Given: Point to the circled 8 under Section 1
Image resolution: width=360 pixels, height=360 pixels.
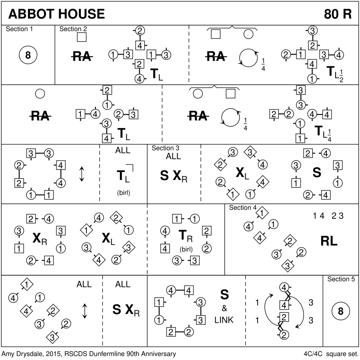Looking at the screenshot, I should coord(28,55).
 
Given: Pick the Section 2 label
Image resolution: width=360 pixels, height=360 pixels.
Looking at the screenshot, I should coord(73,29).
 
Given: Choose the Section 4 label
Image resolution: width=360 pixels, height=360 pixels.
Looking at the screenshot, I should coord(243,208).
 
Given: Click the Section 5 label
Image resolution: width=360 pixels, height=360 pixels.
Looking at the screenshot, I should coord(341,279).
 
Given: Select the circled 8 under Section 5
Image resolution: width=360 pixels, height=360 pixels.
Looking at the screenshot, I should coord(341,312).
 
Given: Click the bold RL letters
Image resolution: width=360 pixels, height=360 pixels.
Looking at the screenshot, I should coord(329,241).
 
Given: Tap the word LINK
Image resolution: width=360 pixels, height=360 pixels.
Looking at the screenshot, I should coord(224,320).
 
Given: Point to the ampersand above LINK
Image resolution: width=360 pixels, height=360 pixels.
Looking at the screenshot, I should coord(224,308).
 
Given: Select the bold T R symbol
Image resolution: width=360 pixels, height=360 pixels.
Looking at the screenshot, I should coord(185,236).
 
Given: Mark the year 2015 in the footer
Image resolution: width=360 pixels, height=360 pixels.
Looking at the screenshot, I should coord(47,354).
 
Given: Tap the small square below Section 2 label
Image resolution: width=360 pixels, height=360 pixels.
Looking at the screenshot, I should coord(82,38).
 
